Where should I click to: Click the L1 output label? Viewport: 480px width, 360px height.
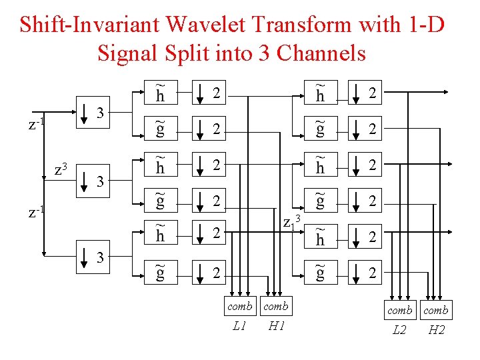coord(239,325)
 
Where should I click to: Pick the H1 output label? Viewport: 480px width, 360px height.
coord(276,325)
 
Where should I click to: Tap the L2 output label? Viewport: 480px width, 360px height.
coord(399,329)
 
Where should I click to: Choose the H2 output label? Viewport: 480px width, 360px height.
coord(437,329)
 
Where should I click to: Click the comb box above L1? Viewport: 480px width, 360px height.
coord(239,306)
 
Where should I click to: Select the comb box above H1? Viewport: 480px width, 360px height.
coord(276,306)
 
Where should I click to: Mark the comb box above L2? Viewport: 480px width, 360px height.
coord(399,310)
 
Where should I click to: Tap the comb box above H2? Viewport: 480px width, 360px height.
coord(437,310)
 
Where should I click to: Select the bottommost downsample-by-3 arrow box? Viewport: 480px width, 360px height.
coord(84,259)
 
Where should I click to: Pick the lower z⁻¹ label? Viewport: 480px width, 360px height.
coord(36,212)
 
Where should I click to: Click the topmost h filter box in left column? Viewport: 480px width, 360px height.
coord(161,93)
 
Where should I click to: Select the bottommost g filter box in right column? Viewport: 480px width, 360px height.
coord(321,273)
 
